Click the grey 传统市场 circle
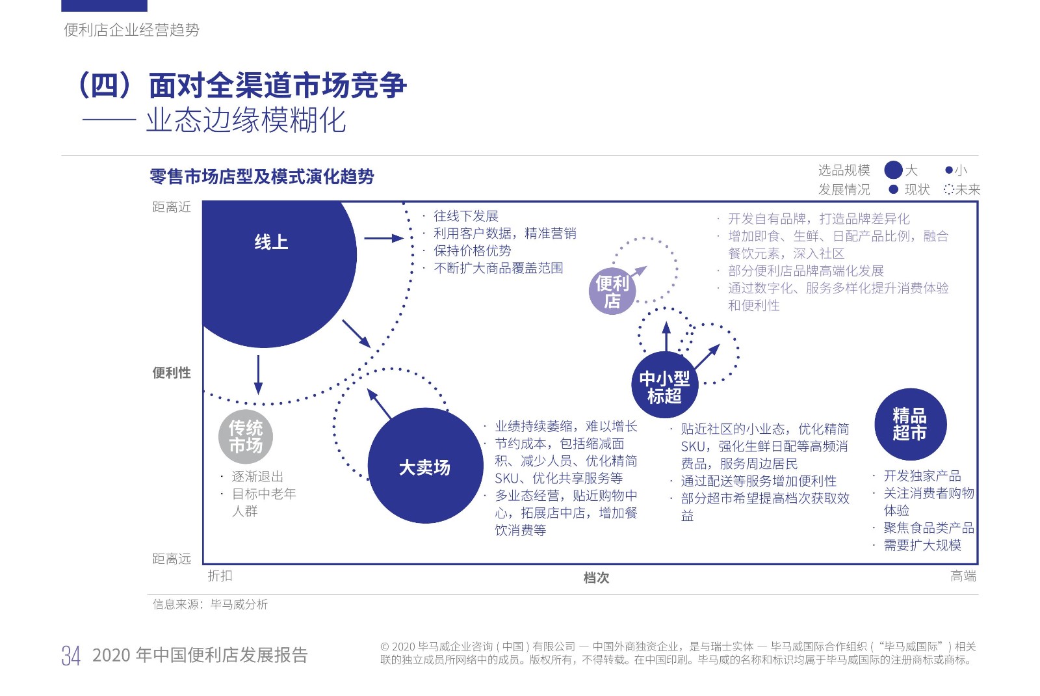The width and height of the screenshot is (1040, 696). click(246, 436)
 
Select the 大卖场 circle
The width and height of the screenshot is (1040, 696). click(425, 466)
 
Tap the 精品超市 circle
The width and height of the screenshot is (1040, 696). click(911, 424)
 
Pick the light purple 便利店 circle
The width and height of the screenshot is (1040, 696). click(612, 291)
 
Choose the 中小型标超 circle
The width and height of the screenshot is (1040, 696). click(665, 384)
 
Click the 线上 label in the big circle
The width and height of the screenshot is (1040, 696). click(271, 242)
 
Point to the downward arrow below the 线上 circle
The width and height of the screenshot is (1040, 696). click(258, 375)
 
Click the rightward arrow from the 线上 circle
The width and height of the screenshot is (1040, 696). click(384, 238)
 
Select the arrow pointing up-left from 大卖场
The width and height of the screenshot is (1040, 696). click(380, 403)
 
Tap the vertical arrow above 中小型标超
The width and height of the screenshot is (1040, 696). click(666, 336)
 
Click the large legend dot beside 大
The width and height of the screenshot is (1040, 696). click(893, 170)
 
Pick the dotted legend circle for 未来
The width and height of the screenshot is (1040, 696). click(948, 189)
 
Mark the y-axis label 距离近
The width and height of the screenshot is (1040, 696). click(172, 207)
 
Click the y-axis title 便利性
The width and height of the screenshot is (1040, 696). click(172, 373)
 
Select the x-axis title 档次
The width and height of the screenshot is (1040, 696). click(596, 578)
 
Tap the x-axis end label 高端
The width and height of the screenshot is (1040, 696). click(963, 576)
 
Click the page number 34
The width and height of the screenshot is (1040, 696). click(71, 656)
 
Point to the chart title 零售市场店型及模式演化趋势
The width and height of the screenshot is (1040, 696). click(262, 177)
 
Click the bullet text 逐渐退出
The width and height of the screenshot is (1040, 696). click(257, 477)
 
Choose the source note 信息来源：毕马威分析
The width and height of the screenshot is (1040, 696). click(211, 604)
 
